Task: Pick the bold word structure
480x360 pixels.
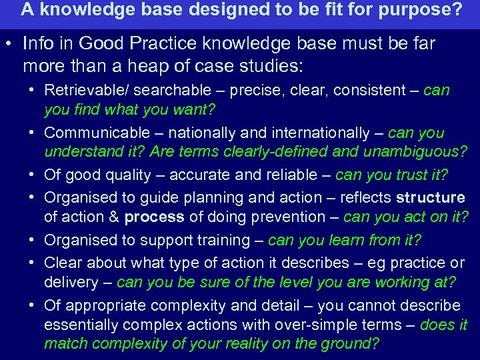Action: (x=430, y=197)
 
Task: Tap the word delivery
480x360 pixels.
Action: (x=71, y=282)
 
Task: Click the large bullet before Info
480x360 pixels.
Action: (x=10, y=44)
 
